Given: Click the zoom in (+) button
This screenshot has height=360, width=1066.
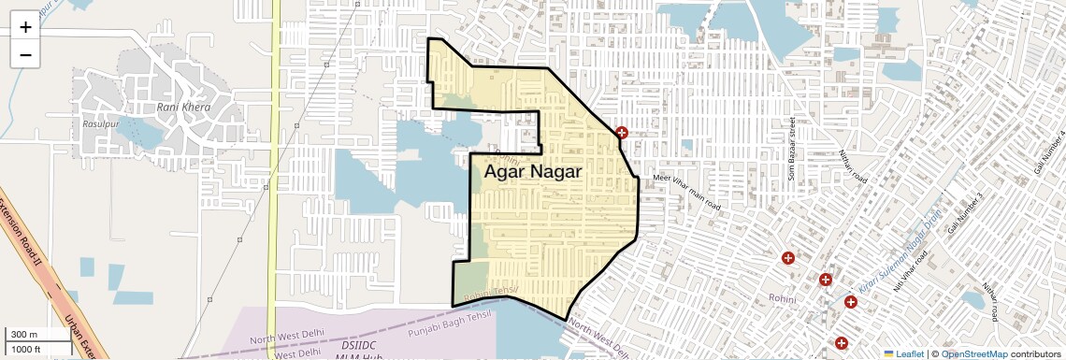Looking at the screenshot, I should (x=25, y=27).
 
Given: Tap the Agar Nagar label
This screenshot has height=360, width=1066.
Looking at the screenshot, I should (x=533, y=172).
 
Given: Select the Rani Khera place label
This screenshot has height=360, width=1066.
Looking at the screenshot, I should (x=183, y=108).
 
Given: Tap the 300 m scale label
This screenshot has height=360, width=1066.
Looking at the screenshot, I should (x=24, y=335).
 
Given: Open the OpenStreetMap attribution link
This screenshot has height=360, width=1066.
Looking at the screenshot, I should (x=973, y=353).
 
